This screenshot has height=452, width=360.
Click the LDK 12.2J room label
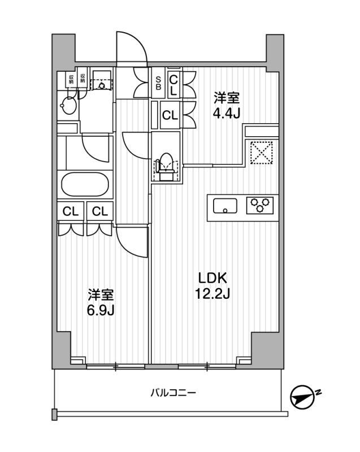coord(212,286)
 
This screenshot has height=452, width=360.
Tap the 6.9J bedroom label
coord(101,302)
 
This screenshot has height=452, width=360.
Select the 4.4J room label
coord(227,106)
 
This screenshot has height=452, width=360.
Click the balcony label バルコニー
coord(174,393)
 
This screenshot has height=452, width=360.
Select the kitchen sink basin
coord(225,206)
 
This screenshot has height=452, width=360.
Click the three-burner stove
coord(260,205)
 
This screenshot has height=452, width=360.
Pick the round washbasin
coord(68,106)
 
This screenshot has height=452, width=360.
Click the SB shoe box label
coord(158,83)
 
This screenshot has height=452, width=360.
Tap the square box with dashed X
coord(261,153)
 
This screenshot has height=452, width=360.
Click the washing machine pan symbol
coord(102,81)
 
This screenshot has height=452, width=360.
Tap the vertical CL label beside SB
coord(174,85)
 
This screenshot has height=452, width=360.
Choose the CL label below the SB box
coord(170,115)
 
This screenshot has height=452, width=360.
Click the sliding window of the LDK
coord(207,367)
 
